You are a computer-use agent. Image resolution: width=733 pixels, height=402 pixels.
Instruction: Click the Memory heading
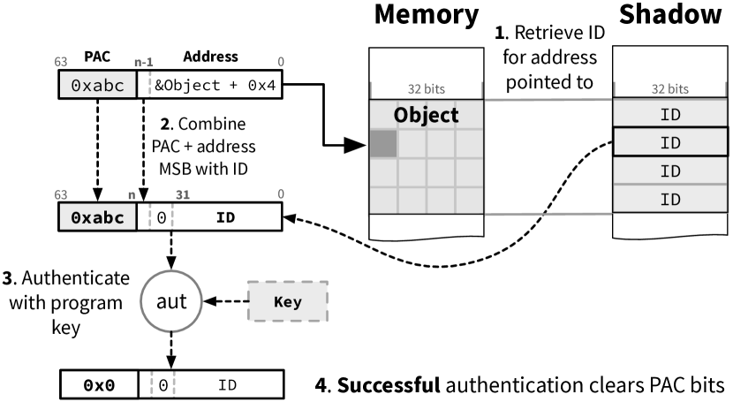[427, 15]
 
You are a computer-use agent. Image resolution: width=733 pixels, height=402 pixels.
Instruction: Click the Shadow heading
[670, 14]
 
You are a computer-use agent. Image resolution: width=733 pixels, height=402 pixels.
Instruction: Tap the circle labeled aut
[171, 300]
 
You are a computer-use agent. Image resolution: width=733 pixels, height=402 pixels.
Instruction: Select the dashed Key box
[288, 301]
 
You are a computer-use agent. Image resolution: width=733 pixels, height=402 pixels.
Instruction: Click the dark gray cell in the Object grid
[384, 143]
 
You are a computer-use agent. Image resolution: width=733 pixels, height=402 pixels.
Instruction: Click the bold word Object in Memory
[426, 115]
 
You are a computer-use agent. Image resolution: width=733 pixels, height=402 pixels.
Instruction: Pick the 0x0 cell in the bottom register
[99, 385]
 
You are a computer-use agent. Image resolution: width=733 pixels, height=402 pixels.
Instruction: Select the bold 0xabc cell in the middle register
[97, 217]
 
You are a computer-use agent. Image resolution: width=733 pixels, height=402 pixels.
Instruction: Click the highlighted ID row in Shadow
[670, 142]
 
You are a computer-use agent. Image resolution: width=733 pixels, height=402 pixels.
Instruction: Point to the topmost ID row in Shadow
[670, 114]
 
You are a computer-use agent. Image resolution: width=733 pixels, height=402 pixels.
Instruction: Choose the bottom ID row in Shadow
[670, 200]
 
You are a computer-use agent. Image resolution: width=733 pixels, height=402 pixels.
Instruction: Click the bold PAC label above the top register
[97, 57]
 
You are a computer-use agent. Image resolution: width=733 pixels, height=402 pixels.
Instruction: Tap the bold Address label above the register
[210, 57]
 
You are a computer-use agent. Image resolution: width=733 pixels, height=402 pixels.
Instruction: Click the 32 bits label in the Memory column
[427, 89]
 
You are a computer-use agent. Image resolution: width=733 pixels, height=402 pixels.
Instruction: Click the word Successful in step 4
[389, 384]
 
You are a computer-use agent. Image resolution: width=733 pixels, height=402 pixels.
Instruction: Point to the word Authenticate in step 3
[75, 278]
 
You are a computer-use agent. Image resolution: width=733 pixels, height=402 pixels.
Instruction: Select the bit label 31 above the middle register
[183, 194]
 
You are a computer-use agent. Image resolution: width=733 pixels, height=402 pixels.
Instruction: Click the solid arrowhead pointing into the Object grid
[355, 146]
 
